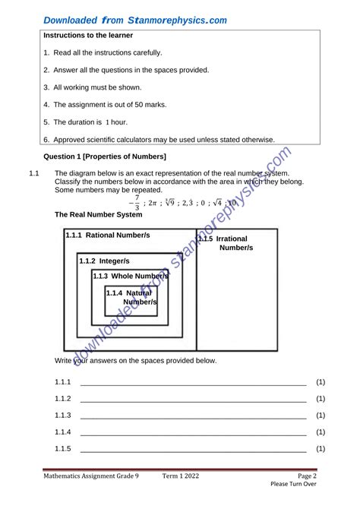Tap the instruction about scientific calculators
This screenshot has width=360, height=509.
click(x=159, y=139)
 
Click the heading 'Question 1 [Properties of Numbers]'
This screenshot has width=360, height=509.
click(x=105, y=156)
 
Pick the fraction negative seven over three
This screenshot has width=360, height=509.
click(x=136, y=203)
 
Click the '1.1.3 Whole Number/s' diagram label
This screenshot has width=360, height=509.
click(x=130, y=276)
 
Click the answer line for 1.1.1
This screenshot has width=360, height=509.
click(x=193, y=383)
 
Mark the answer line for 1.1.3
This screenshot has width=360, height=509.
click(x=193, y=416)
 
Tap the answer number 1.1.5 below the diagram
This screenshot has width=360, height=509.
click(x=63, y=449)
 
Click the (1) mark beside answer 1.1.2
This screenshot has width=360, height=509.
click(x=321, y=399)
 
